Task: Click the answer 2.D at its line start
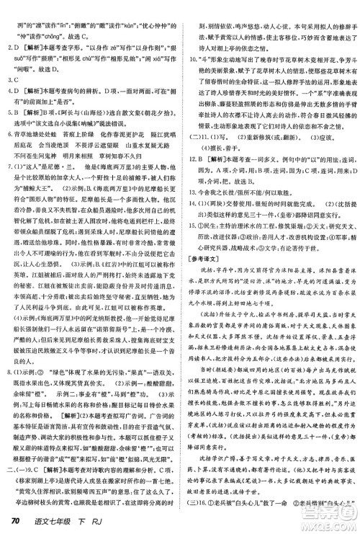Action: [x=12, y=43]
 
